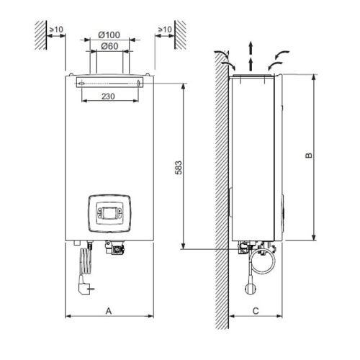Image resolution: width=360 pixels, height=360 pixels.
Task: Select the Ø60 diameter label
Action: (109, 46)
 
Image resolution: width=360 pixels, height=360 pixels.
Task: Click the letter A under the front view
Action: (109, 311)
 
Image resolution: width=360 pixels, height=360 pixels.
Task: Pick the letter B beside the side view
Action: (307, 156)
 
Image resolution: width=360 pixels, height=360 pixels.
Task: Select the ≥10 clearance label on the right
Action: (164, 30)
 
